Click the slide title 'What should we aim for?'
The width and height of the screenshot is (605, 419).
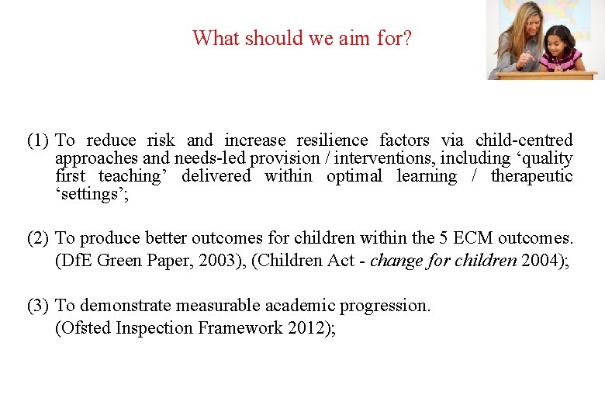point(302,37)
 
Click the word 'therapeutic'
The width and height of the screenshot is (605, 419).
point(532,176)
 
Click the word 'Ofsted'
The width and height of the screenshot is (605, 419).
point(83,328)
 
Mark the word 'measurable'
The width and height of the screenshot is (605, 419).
point(197,306)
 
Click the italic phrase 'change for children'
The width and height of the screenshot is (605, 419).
point(443,261)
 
